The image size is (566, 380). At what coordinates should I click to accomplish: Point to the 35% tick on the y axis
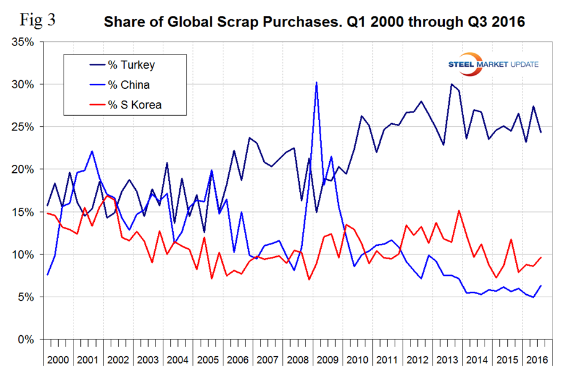click(24, 42)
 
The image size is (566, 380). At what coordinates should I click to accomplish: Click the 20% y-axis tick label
click(24, 169)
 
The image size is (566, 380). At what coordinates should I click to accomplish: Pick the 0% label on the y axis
click(28, 339)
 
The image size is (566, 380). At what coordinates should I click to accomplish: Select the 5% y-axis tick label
click(28, 297)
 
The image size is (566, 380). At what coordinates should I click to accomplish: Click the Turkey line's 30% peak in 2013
click(451, 84)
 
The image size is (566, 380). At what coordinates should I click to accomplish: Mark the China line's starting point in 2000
click(47, 275)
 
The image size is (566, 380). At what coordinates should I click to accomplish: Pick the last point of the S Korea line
click(541, 257)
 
